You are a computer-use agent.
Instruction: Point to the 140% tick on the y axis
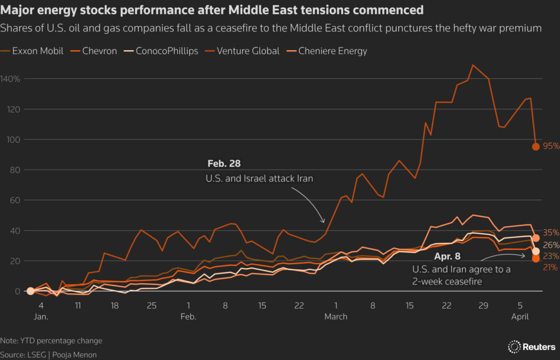coord(10,79)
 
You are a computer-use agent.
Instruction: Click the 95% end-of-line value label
coord(550,147)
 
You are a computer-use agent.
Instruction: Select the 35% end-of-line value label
coord(550,233)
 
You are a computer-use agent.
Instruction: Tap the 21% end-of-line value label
coord(550,267)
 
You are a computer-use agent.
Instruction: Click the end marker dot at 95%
coord(536,147)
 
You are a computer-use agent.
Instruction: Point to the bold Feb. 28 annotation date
coord(224,164)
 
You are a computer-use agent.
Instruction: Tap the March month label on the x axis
coord(336,317)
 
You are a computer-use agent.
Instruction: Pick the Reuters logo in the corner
coord(531,346)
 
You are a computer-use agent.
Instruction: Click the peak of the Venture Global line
coord(473,65)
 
